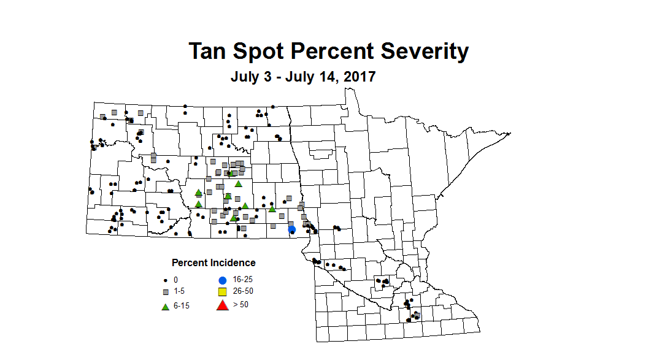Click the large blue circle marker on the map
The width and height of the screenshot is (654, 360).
[x=292, y=229]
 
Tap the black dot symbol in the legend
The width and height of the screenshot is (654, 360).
[x=165, y=280]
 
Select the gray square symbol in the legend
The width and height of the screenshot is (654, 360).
[x=165, y=291]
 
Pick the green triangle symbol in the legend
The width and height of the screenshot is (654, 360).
[x=165, y=305]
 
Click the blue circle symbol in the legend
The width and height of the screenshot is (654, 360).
[x=223, y=280]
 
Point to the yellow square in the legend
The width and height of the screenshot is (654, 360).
[x=223, y=291]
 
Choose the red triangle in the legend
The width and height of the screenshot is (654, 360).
[x=223, y=305]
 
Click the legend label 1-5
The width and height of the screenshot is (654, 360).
[x=179, y=291]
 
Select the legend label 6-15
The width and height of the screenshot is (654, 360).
[x=182, y=305]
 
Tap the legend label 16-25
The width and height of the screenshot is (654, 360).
[x=243, y=280]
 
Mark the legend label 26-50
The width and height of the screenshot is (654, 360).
[x=243, y=291]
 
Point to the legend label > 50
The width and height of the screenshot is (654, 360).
[x=240, y=305]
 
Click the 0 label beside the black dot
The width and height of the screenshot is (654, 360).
[x=175, y=280]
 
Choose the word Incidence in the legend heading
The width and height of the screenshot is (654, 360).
[x=233, y=263]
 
